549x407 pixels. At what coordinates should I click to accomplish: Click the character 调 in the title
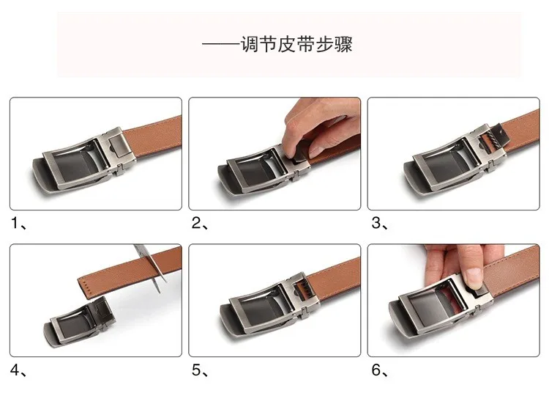pyautogui.click(x=249, y=45)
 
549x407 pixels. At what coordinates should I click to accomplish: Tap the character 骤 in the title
pyautogui.click(x=343, y=45)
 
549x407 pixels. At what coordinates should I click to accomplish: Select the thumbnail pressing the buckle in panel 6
pyautogui.click(x=474, y=276)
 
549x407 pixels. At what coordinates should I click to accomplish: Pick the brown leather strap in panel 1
pyautogui.click(x=152, y=135)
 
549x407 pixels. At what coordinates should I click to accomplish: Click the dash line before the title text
pyautogui.click(x=220, y=45)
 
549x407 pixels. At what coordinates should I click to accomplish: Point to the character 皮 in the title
pyautogui.click(x=287, y=45)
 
